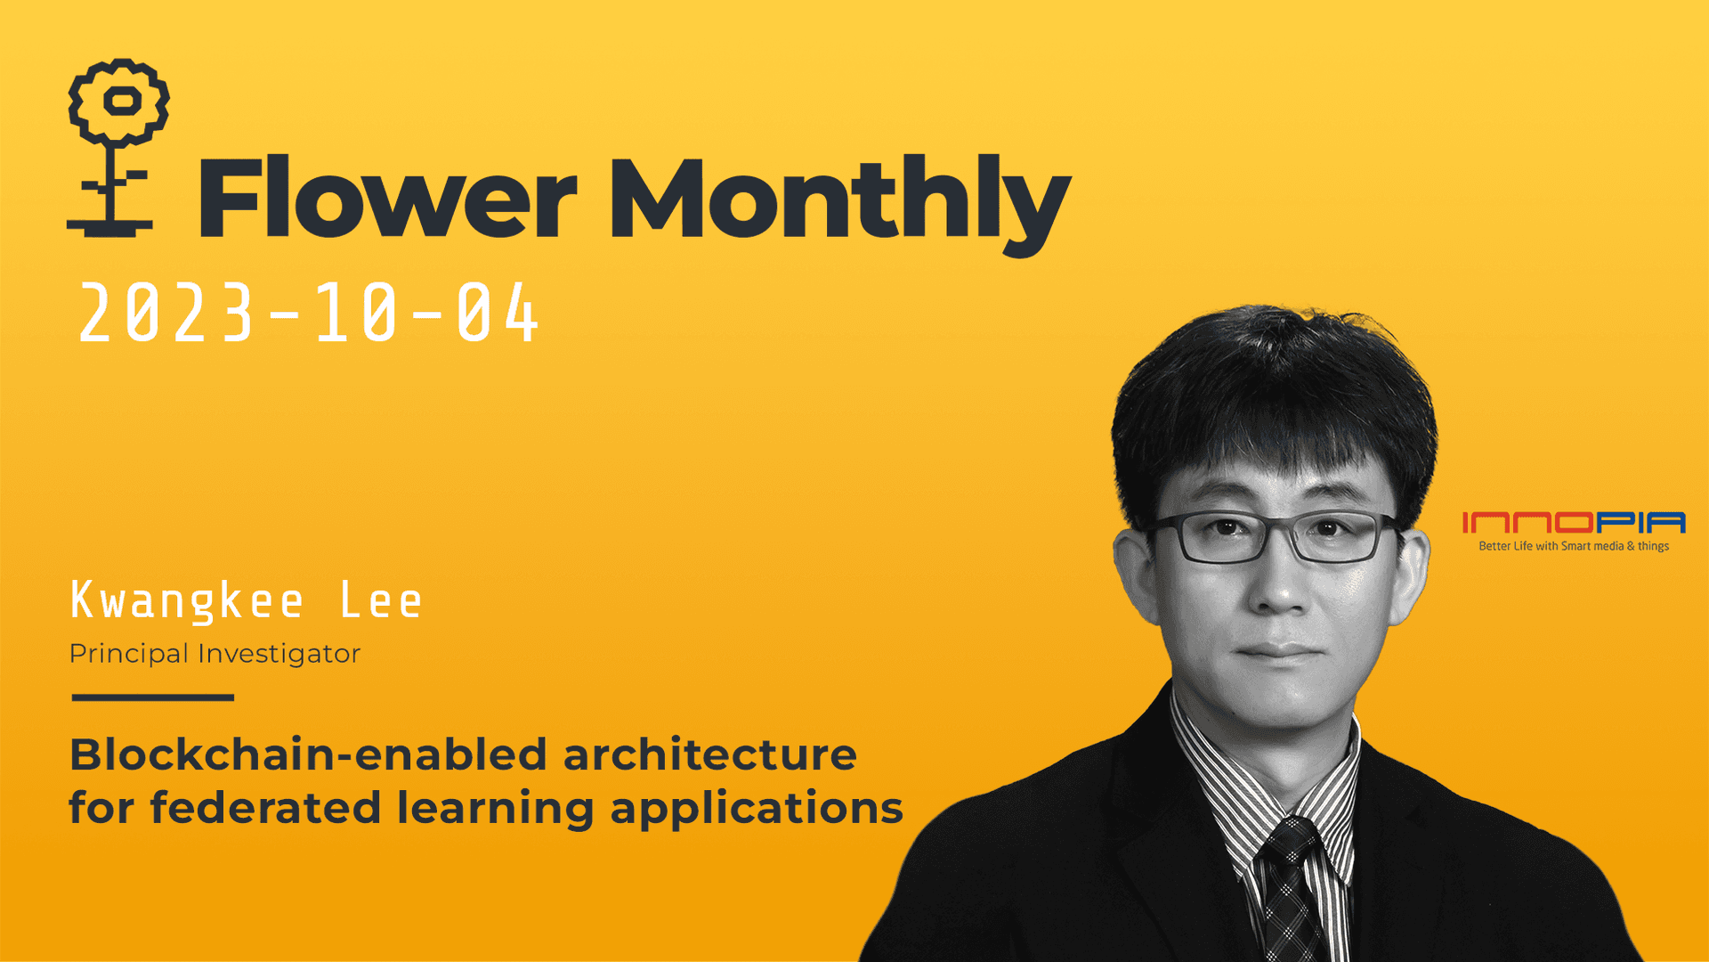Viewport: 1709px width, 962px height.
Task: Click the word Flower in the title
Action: [387, 198]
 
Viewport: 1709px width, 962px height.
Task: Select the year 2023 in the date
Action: [166, 313]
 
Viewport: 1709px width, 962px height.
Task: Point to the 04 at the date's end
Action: [497, 313]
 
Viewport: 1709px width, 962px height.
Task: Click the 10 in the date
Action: [355, 313]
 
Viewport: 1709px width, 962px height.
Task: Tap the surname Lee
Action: [381, 601]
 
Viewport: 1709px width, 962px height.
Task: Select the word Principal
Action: [129, 654]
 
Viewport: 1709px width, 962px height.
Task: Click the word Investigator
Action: [279, 654]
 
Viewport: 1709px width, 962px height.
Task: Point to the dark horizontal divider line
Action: [152, 697]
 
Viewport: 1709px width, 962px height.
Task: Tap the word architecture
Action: [709, 754]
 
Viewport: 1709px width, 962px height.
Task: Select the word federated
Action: [265, 808]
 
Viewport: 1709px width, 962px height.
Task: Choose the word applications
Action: [757, 810]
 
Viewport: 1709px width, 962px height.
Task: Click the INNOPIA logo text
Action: [1573, 522]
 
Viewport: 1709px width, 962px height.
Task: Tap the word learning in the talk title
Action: [495, 810]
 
